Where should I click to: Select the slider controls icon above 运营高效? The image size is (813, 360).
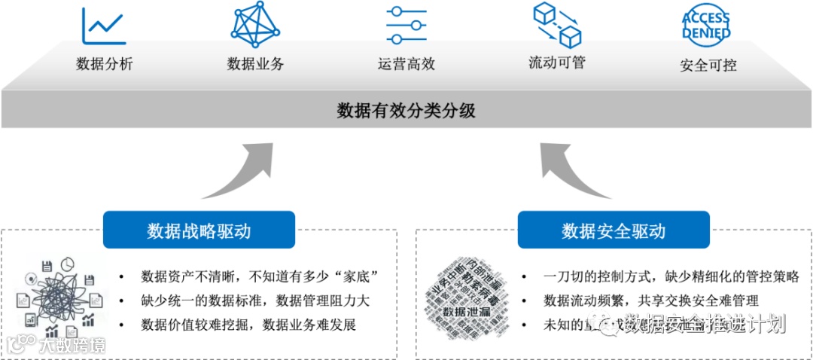pos(406,26)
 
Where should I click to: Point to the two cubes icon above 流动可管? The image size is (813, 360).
pos(558,25)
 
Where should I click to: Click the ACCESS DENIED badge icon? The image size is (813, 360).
pos(706,25)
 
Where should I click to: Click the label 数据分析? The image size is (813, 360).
pos(105,64)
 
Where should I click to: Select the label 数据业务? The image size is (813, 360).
pos(255,64)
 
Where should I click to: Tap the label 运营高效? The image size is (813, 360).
pos(406,64)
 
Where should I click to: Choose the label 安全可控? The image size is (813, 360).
pos(708,65)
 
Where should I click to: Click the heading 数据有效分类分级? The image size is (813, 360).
pos(406,111)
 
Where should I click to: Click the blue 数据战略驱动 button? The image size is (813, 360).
pos(199,230)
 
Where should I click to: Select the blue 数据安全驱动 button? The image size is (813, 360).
pos(614,230)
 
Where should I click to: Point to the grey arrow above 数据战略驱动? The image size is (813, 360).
pos(241,170)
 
